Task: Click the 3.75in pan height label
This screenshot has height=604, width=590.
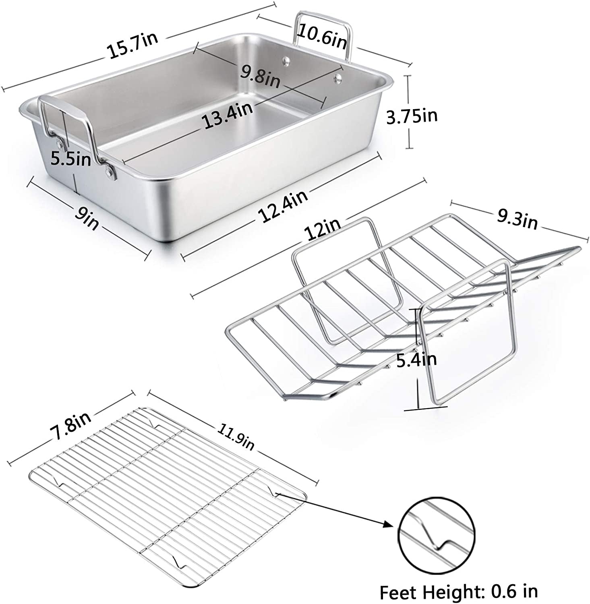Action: pos(412,116)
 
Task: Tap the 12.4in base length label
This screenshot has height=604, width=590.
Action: pos(284,206)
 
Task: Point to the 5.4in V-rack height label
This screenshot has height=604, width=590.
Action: pos(416,360)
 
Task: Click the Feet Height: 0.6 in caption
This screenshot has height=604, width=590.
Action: pos(459,591)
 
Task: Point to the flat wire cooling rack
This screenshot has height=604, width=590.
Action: pos(169,499)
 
